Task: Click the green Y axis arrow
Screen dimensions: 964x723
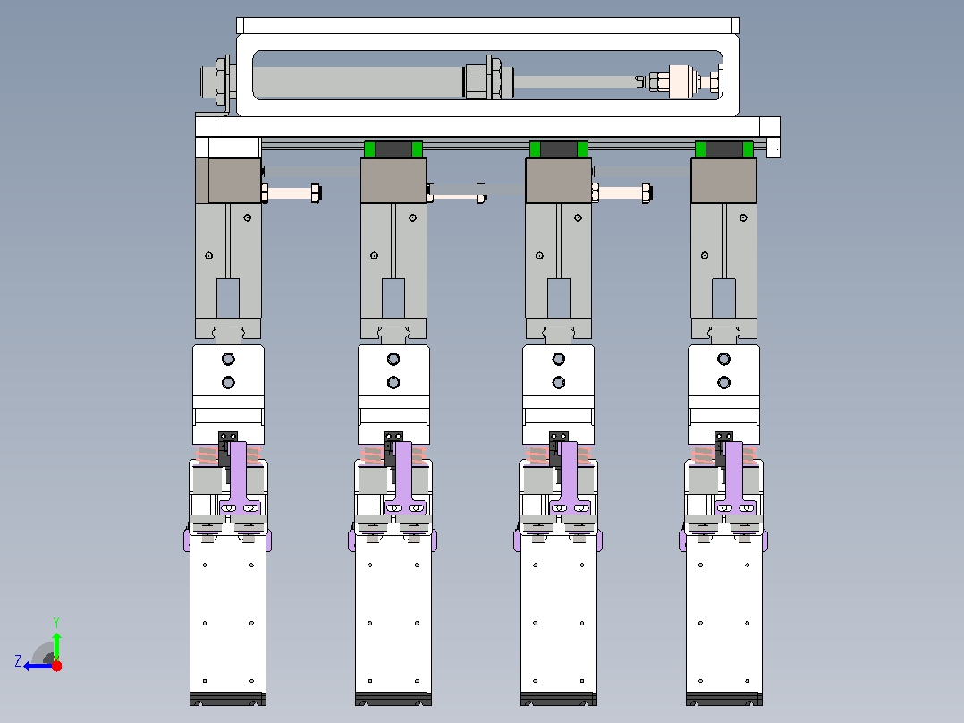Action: [56, 645]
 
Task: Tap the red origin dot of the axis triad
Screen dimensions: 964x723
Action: [56, 666]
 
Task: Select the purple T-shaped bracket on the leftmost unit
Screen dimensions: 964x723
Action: [239, 478]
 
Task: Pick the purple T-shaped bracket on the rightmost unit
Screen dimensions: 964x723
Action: [735, 478]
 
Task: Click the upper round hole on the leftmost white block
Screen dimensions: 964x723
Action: [228, 359]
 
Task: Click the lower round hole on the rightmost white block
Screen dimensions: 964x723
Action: [723, 383]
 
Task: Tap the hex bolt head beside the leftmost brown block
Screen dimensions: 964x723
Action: [316, 192]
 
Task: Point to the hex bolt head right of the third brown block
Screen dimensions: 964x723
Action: [647, 192]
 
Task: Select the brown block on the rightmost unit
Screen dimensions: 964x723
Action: [723, 180]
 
